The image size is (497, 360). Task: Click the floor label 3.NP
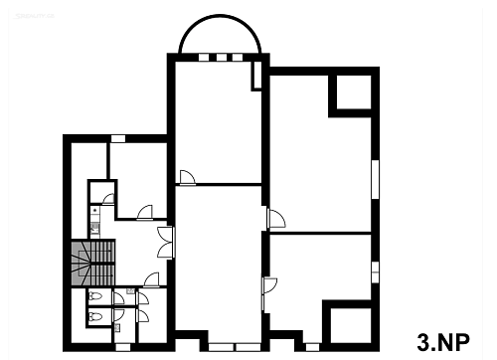443,342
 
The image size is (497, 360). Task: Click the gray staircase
93,263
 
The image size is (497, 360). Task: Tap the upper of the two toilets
96,296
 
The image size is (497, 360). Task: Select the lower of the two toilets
96,316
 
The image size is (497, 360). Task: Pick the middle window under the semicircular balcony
222,58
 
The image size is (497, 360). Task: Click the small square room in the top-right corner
354,91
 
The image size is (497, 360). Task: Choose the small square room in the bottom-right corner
351,326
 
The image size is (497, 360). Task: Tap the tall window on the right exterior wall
375,179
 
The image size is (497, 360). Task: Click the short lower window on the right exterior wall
375,272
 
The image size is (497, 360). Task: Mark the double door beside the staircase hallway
166,243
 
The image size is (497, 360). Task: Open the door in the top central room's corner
188,177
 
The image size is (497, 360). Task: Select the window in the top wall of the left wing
118,138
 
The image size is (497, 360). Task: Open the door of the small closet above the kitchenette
108,199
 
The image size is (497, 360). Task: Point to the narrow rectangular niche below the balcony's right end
257,76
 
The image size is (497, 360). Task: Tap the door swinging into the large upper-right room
276,219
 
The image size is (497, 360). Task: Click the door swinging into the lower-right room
269,285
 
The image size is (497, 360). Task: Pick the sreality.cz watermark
34,16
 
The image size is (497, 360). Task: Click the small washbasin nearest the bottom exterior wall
117,328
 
